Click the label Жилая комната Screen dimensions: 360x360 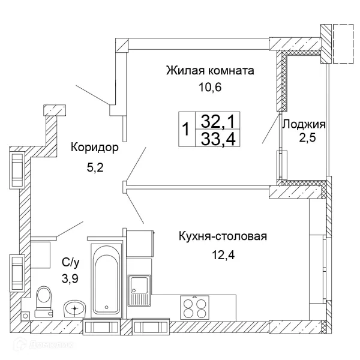click(210, 71)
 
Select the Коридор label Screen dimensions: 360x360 click(95, 147)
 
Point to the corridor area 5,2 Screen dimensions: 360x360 click(95, 168)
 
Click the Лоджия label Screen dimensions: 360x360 click(304, 125)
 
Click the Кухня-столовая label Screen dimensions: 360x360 click(222, 236)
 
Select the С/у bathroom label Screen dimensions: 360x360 click(70, 262)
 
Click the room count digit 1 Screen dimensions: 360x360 click(186, 129)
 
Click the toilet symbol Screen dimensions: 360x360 click(44, 300)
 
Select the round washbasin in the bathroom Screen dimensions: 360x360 click(74, 308)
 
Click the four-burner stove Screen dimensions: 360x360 click(195, 307)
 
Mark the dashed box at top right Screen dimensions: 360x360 click(344, 43)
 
